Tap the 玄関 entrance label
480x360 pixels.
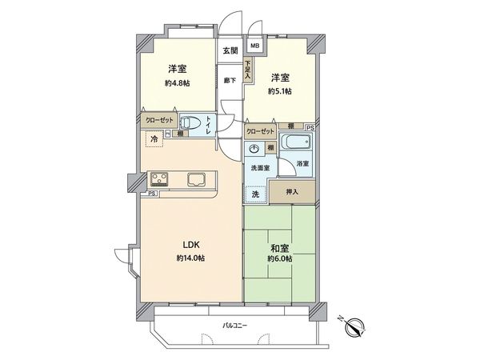pyautogui.click(x=230, y=50)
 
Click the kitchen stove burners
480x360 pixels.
pyautogui.click(x=154, y=178)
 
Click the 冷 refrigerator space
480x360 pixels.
pyautogui.click(x=152, y=138)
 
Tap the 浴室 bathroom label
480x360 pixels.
pyautogui.click(x=303, y=164)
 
